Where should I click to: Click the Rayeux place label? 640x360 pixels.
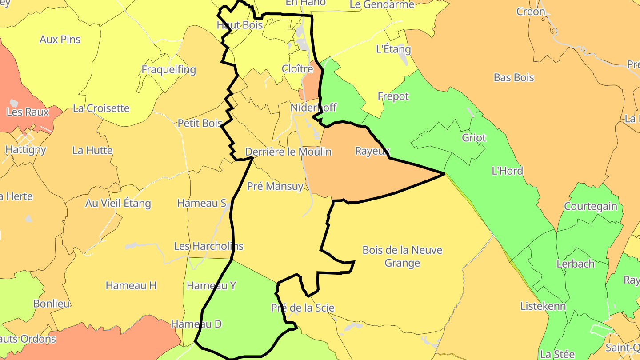(x=372, y=151)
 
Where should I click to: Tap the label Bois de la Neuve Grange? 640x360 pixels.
(x=402, y=256)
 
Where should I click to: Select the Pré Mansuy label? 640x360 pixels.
(x=275, y=186)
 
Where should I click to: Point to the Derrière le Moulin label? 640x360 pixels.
(x=288, y=152)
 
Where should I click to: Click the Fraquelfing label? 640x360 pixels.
(x=168, y=70)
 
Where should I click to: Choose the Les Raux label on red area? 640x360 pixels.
(x=28, y=112)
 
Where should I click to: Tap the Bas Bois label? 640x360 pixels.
(x=513, y=77)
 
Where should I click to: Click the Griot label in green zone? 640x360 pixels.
(x=474, y=138)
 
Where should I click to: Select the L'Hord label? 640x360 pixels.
(x=507, y=171)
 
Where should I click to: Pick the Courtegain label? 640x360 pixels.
(x=590, y=206)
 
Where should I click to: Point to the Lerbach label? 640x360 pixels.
(x=575, y=264)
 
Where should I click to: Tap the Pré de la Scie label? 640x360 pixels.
(x=302, y=308)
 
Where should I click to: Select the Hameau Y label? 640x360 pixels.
(x=211, y=285)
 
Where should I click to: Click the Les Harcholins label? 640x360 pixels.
(x=208, y=246)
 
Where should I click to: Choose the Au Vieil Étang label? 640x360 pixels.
(x=118, y=204)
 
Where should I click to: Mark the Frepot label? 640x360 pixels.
(x=393, y=96)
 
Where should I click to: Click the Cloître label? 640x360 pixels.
(x=297, y=69)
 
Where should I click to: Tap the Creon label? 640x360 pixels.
(x=530, y=12)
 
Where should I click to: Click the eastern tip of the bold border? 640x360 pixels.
(x=444, y=174)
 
